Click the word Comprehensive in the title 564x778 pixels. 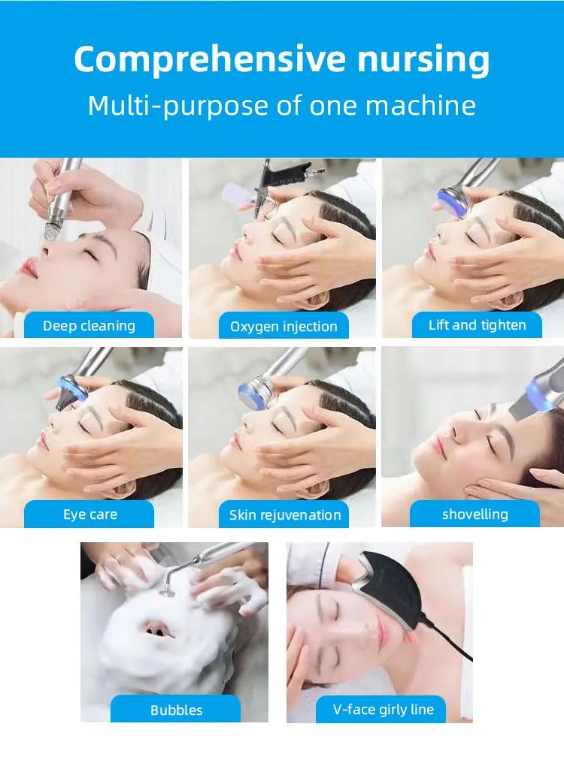click(210, 60)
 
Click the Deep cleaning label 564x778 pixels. click(89, 325)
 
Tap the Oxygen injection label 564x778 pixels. click(284, 326)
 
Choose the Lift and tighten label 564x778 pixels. click(477, 325)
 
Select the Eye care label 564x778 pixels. click(89, 514)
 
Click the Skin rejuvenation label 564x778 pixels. click(284, 515)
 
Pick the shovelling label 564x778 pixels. click(475, 514)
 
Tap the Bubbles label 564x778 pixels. click(176, 710)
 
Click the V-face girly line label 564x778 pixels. click(383, 710)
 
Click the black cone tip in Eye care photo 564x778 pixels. click(64, 400)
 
